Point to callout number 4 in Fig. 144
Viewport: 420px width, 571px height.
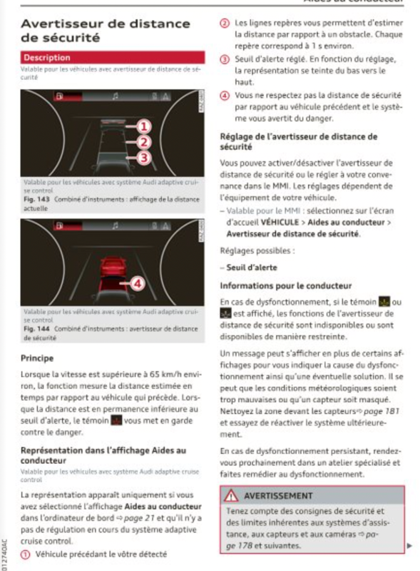click(138, 283)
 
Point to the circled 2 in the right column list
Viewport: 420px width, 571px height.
click(225, 24)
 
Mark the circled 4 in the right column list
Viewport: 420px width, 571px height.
click(225, 94)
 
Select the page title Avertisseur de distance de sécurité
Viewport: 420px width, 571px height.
click(96, 31)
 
